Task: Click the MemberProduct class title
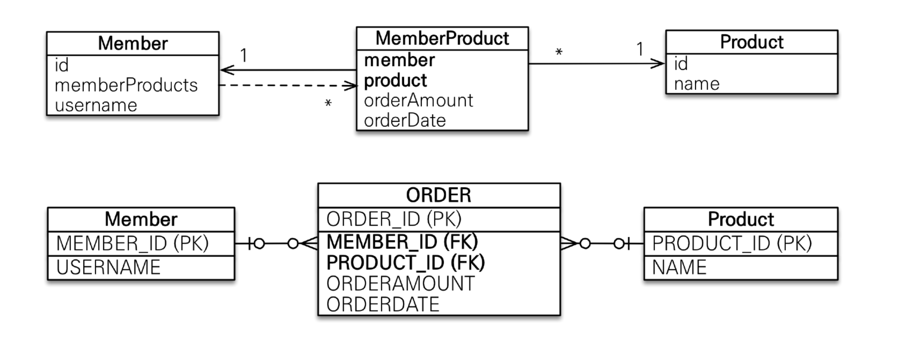tap(442, 39)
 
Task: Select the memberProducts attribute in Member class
tap(126, 85)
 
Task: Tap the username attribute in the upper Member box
tap(96, 105)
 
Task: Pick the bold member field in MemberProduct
tap(399, 60)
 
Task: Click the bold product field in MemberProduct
tap(395, 80)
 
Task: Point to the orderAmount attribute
tap(418, 100)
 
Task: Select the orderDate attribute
tap(405, 121)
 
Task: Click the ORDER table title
tap(439, 195)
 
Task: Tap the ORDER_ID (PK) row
tap(394, 219)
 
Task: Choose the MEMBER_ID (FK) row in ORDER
tap(402, 241)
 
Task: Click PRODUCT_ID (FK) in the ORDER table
tap(405, 262)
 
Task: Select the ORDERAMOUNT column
tap(400, 284)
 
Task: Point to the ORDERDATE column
tap(383, 304)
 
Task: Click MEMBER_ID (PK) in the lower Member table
tap(132, 243)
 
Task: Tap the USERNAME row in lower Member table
tap(108, 267)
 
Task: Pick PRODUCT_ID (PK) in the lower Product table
tap(732, 243)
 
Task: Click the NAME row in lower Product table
tap(679, 267)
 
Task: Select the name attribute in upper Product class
tap(697, 84)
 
